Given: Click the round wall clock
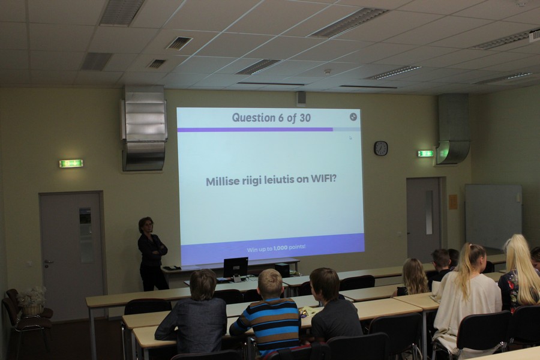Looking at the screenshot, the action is click(380, 148).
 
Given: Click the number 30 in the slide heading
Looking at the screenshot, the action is click(305, 118).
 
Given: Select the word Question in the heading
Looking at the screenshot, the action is click(253, 118).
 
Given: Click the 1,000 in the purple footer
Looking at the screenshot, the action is click(280, 248).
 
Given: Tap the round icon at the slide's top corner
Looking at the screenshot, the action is click(353, 117).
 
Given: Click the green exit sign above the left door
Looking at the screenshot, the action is click(71, 163).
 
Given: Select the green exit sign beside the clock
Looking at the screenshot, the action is click(425, 154).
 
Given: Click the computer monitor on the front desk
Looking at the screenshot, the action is click(236, 267).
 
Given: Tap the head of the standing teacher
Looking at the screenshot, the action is click(146, 224).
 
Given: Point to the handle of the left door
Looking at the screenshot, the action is click(48, 262).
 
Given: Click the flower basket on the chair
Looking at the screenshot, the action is click(32, 301).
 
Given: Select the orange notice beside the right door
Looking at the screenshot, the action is click(453, 202).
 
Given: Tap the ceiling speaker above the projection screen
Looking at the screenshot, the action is click(301, 99).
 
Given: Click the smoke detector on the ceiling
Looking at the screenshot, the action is click(327, 71).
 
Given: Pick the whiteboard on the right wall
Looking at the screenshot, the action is click(493, 216).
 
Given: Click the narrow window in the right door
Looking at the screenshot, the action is click(429, 212).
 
